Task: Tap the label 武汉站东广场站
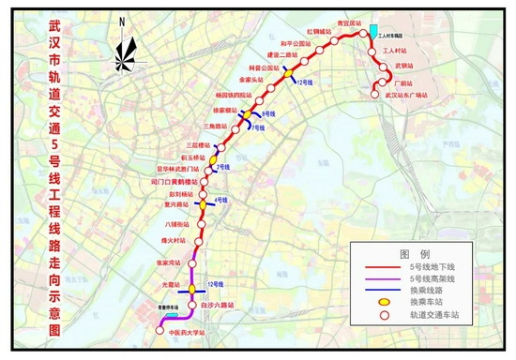(407, 95)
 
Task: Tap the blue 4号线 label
(221, 200)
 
